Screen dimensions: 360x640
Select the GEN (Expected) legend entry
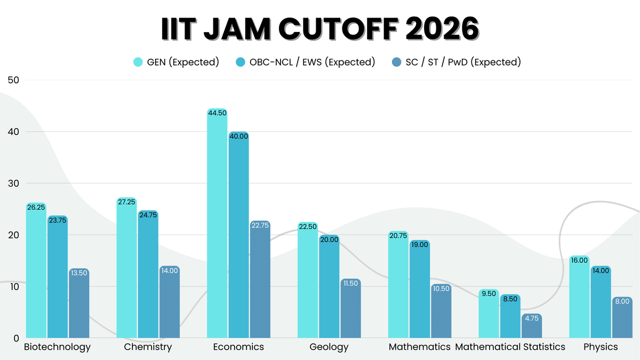(x=176, y=62)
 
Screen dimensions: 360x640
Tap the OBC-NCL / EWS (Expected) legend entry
(x=305, y=62)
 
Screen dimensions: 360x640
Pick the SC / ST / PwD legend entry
(x=455, y=62)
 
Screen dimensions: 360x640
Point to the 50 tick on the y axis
(x=13, y=80)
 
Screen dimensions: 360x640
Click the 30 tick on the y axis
(x=13, y=183)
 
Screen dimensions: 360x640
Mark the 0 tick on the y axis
(x=15, y=338)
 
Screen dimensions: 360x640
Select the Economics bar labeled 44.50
(x=217, y=224)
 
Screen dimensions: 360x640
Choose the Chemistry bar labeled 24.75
(x=148, y=275)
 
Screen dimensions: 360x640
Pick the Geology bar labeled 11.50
(x=350, y=309)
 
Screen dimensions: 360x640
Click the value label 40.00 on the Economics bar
(x=238, y=137)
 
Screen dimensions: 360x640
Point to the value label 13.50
(x=79, y=273)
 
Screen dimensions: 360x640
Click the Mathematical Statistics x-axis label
(x=510, y=347)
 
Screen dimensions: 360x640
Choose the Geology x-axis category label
(x=329, y=347)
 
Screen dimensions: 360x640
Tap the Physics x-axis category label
(x=601, y=347)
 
